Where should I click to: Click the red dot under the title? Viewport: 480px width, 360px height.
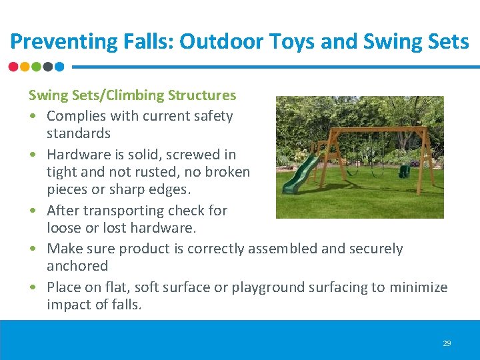tap(14, 67)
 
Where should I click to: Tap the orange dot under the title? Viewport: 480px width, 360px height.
tap(25, 67)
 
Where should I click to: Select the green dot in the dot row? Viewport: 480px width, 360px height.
tap(37, 67)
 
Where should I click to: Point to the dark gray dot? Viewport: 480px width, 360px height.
tap(48, 67)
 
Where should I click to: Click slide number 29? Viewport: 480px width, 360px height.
tap(447, 343)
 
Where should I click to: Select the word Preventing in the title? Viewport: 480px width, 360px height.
tap(54, 42)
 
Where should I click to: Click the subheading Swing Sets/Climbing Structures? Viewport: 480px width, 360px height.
tap(132, 95)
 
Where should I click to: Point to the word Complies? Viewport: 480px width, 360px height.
tap(75, 116)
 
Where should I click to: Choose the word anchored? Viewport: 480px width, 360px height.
tap(77, 266)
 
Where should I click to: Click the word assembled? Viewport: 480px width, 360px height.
tap(281, 249)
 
